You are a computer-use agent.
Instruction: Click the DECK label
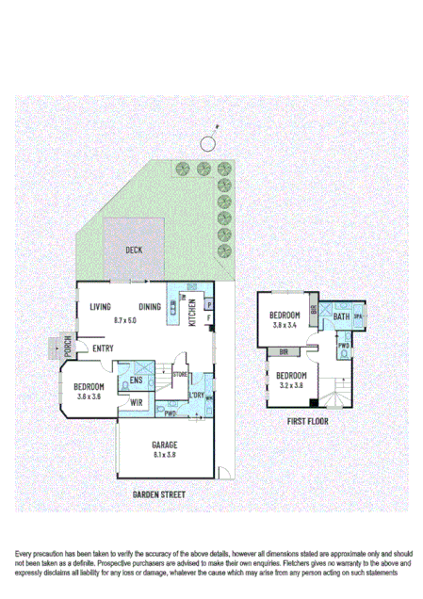coord(134,250)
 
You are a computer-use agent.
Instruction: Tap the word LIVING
coord(101,308)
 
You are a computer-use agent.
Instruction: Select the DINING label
coord(150,308)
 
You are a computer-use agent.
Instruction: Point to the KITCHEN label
coord(192,311)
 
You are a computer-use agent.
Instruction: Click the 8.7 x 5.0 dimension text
coord(125,320)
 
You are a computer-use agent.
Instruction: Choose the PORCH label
coord(68,347)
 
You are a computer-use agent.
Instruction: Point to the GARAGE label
coord(165,445)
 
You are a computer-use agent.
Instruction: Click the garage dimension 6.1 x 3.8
coord(165,455)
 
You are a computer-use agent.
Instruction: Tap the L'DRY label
coord(198,395)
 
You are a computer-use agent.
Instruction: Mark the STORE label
coord(180,375)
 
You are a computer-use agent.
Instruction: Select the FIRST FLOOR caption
coord(309,422)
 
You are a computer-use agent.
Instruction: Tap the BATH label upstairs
coord(341,319)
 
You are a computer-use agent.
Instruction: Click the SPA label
coord(359,318)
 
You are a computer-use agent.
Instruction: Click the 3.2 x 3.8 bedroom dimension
coord(290,384)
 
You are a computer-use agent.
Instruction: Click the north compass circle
coord(206,143)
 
